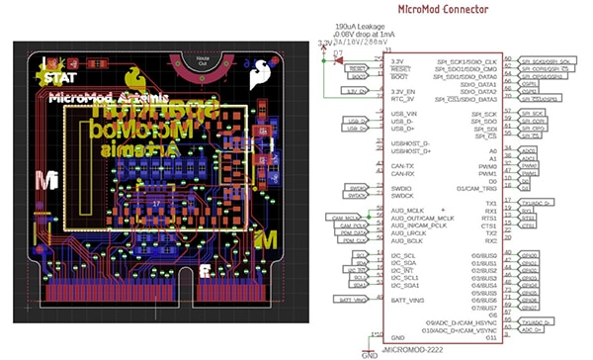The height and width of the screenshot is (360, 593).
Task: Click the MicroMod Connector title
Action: point(443,9)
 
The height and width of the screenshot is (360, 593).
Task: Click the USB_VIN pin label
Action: point(405,115)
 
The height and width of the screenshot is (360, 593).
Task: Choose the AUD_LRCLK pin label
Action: point(409,231)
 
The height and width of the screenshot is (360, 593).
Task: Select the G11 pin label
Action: point(490,336)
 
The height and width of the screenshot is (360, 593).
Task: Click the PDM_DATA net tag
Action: point(352,235)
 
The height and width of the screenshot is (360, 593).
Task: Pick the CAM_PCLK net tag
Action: point(352,226)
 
